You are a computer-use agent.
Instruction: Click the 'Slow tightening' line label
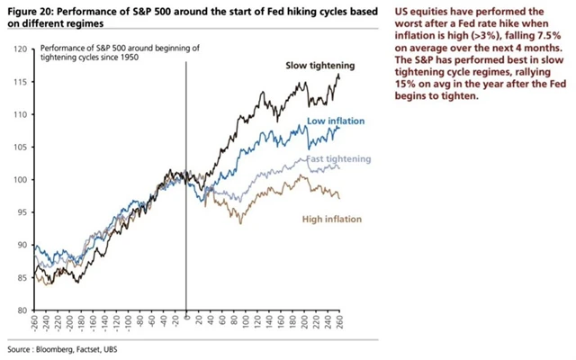click(321, 66)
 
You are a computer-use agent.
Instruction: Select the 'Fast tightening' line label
click(338, 158)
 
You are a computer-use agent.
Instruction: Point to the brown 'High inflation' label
click(329, 219)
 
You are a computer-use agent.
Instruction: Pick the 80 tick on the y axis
click(22, 310)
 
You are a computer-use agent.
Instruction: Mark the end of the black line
click(340, 76)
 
